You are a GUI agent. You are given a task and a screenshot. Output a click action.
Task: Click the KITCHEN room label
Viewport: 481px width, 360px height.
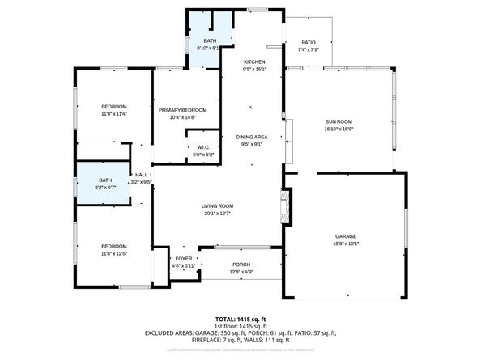(x=254, y=61)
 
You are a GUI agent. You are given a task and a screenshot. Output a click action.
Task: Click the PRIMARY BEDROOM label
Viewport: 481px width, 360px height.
(x=183, y=110)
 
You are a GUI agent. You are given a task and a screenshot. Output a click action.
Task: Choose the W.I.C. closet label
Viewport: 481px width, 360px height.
(x=203, y=147)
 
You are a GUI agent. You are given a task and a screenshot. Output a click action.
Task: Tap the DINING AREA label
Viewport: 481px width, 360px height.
(x=252, y=138)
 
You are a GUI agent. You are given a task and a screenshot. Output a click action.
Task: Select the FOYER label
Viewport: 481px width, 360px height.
(x=184, y=258)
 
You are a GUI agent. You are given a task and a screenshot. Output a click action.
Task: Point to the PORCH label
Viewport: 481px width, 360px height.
(x=241, y=265)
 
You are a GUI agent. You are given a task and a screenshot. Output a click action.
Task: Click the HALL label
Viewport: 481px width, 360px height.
(x=141, y=175)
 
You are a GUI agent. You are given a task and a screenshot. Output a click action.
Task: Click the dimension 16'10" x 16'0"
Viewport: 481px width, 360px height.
(x=339, y=129)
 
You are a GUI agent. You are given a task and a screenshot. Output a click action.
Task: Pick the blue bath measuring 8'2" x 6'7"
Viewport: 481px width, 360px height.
(x=105, y=183)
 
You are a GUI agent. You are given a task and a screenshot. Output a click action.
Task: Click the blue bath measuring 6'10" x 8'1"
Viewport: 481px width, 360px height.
(x=210, y=44)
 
